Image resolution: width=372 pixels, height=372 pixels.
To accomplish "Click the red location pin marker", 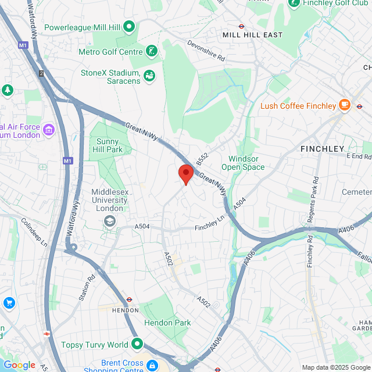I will coord(185,173).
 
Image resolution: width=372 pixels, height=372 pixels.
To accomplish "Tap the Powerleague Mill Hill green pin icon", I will coord(128,27).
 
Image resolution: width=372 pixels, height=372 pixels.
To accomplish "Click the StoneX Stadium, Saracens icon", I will coord(149,76).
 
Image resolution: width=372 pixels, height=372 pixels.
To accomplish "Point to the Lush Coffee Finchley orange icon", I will coord(345,105).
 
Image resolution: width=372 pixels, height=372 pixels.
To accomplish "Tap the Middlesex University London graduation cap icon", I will coord(109,221).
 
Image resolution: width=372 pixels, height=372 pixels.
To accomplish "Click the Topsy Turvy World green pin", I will coord(137,344).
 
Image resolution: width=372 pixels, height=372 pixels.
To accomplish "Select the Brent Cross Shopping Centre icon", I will coord(152,366).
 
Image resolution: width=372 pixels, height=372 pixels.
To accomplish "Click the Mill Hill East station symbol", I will coord(241,26).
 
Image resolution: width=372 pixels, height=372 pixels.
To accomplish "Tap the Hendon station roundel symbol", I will coord(129,301).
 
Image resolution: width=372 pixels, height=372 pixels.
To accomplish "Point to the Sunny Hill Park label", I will coord(106,145).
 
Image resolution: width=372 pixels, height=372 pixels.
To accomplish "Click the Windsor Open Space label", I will coord(243,163).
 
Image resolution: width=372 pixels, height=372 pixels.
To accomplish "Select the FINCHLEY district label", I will coord(322,149).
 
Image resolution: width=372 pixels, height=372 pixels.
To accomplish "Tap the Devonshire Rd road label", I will coord(206,51).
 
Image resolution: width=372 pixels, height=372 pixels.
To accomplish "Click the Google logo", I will coord(19,365).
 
